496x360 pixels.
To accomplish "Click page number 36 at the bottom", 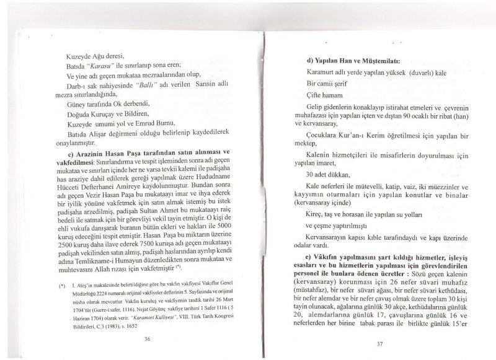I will tap(147, 338).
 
